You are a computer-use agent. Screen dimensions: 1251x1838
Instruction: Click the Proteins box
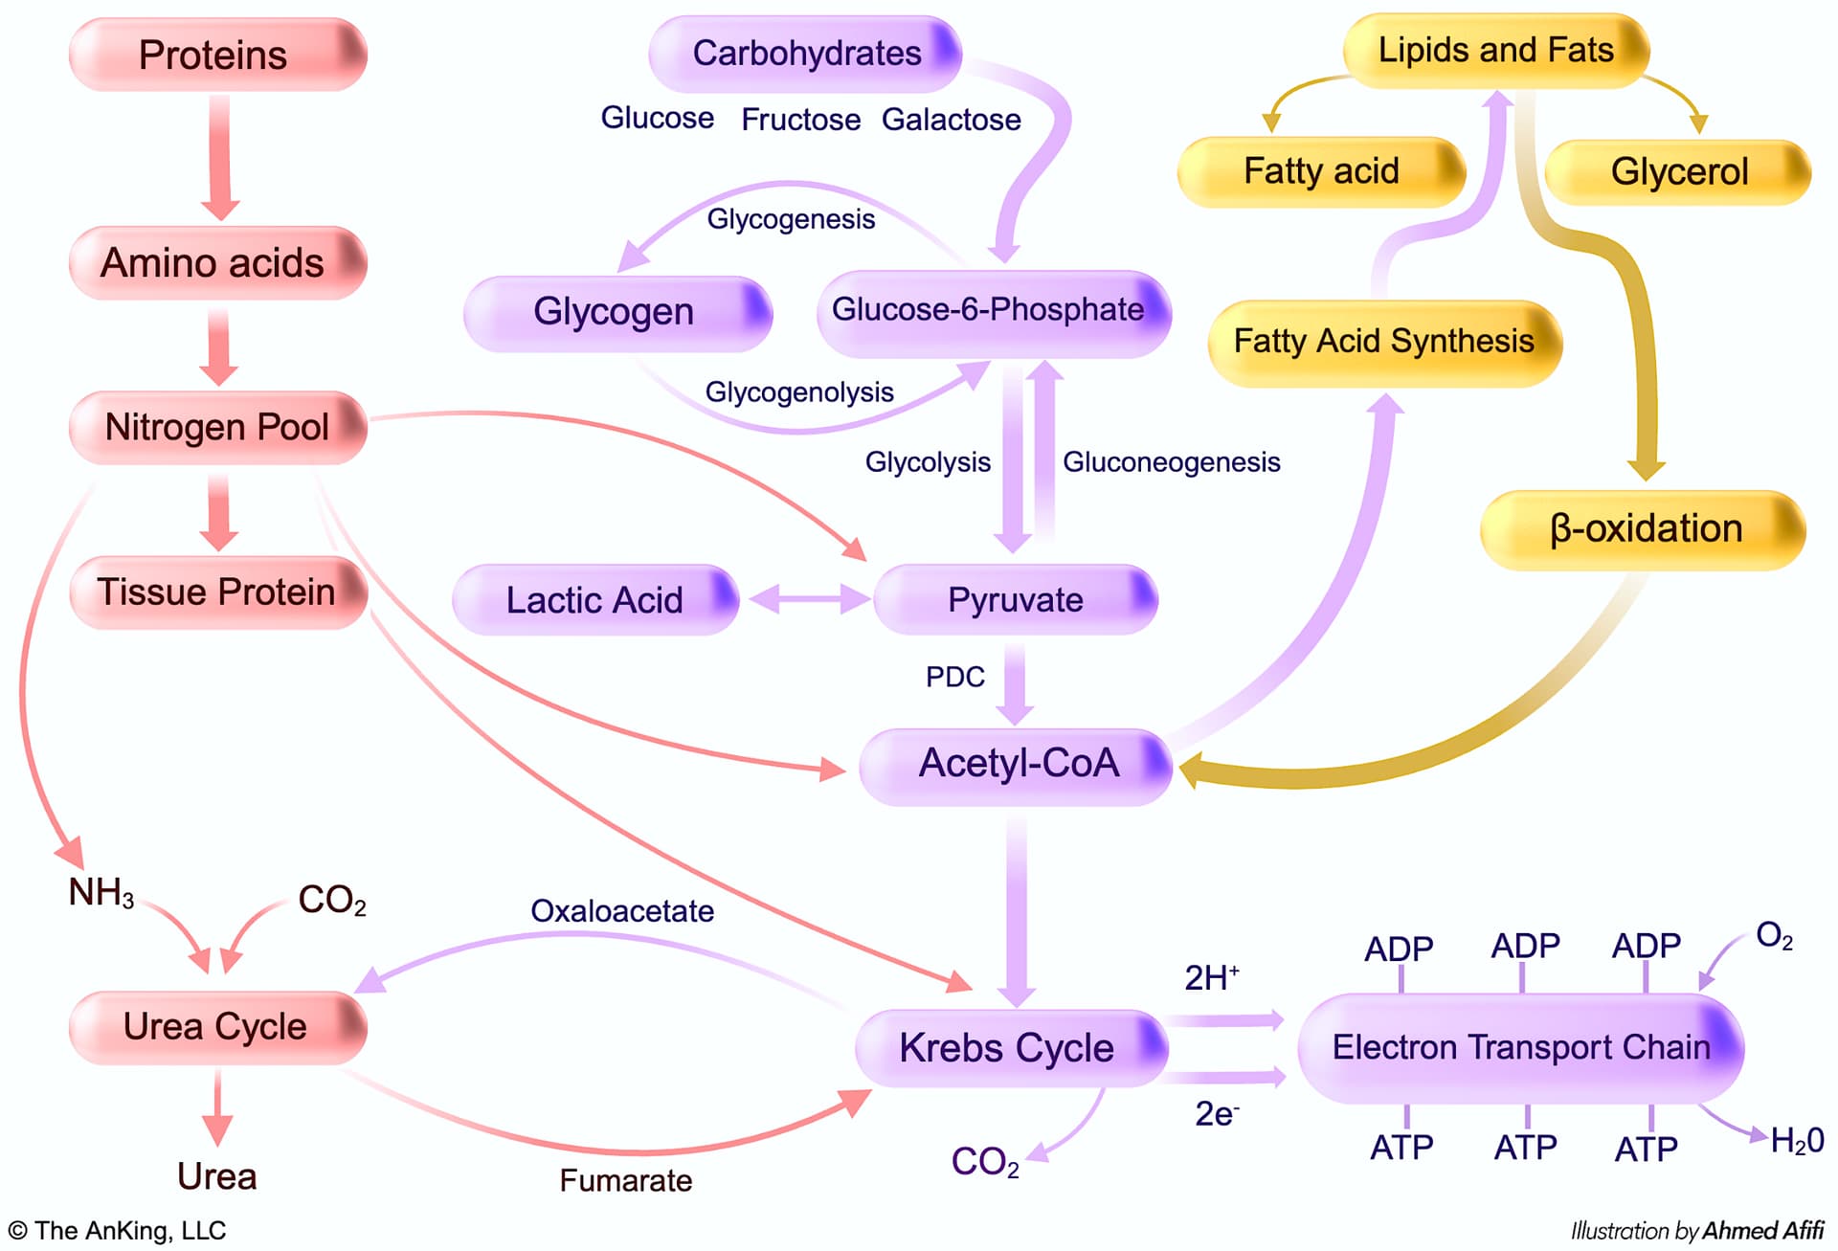[217, 55]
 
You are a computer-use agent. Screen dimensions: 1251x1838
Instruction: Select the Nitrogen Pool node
[217, 427]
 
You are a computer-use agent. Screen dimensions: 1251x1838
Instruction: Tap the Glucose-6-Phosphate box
[993, 312]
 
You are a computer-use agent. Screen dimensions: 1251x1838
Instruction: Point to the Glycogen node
[616, 312]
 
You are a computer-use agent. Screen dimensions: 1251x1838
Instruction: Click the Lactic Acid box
[594, 600]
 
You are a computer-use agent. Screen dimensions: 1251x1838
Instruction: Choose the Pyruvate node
[1015, 600]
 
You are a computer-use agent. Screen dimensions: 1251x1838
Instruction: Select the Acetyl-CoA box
[1017, 765]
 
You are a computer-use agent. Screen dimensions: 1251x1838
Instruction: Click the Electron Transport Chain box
[1520, 1047]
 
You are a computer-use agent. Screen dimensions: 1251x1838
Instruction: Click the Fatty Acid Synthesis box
[1383, 342]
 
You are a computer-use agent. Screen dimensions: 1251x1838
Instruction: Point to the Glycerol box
[1678, 172]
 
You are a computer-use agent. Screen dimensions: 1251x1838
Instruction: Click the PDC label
[954, 678]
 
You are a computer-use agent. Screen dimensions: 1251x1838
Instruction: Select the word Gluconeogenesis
[1171, 462]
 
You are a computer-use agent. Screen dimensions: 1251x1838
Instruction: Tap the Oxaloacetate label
[622, 910]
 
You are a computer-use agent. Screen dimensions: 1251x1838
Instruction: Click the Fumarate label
[625, 1180]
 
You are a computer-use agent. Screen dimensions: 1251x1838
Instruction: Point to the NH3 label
[101, 893]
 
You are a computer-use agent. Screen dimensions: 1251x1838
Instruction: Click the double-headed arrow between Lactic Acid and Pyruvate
[809, 600]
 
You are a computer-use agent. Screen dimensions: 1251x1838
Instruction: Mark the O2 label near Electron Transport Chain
[1774, 935]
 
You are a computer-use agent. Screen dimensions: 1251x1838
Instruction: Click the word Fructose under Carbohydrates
[800, 120]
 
